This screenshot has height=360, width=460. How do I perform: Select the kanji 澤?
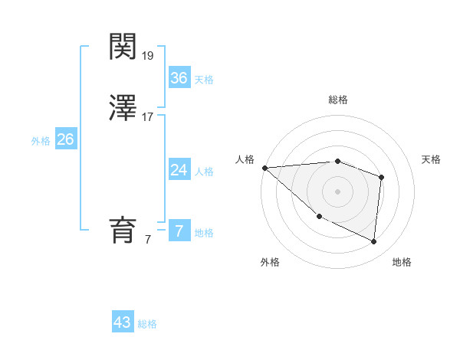click(123, 108)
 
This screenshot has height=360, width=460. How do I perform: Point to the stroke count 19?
click(148, 55)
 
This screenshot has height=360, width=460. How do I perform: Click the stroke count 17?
click(148, 117)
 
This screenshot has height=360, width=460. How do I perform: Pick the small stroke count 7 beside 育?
click(148, 240)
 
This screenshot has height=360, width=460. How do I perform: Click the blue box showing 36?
click(179, 77)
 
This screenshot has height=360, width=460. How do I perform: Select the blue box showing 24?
click(179, 169)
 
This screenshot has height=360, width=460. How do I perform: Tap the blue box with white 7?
click(179, 231)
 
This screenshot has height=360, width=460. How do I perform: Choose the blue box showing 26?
click(65, 139)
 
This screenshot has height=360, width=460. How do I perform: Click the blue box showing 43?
click(123, 322)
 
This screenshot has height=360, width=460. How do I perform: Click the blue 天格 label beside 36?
click(204, 80)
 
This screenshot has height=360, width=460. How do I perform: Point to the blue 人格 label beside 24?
click(204, 172)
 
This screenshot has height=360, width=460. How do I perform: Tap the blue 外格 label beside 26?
click(41, 141)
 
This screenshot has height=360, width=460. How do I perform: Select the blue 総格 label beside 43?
click(147, 324)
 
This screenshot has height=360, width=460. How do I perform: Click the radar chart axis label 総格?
click(338, 100)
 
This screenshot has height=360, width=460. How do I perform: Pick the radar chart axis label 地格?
click(402, 262)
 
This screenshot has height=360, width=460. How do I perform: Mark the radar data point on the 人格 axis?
click(264, 168)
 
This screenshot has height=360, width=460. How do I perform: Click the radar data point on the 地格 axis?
click(374, 242)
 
